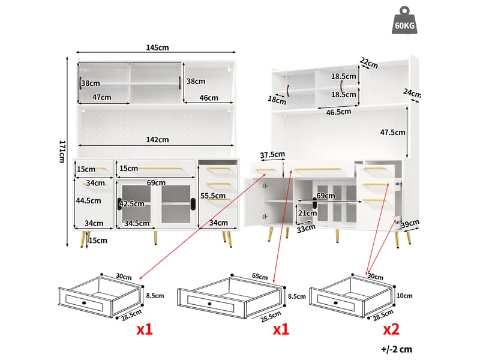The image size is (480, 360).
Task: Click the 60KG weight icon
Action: coord(404,20)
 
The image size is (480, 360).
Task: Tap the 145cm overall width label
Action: coord(157,47)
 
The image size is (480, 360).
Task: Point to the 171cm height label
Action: coord(62,152)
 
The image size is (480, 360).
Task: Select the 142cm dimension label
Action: coord(157,140)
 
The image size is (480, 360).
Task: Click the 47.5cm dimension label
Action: coord(392,132)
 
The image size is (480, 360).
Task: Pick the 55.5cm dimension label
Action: coord(213,196)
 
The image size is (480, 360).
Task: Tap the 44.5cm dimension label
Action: coord(88,200)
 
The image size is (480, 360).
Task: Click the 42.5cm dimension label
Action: coord(131,203)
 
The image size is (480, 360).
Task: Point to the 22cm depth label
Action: coord(369,63)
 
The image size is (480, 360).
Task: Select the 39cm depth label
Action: coord(410,224)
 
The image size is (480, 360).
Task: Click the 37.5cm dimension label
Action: coord(272,155)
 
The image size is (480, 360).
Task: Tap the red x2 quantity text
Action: coord(391,329)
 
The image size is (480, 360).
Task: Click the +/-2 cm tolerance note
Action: coord(397,349)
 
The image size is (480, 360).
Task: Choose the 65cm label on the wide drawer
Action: coord(260,277)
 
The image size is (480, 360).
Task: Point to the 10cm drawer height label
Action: coord(404,296)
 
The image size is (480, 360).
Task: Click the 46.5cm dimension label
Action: coord(338,112)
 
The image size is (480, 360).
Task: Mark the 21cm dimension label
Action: coord(307,213)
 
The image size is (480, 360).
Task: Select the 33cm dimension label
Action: coord(306,228)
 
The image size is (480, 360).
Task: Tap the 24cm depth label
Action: coord(412,93)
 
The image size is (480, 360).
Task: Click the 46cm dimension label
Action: coord(209,98)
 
